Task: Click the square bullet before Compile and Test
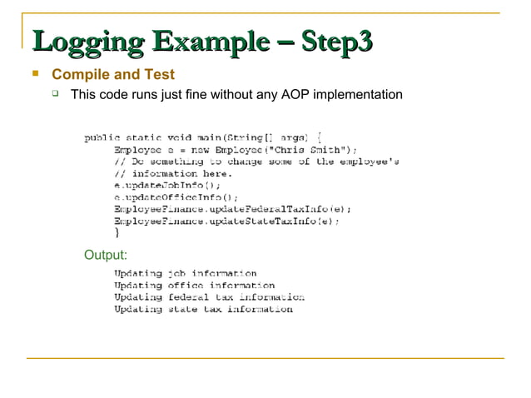(x=35, y=74)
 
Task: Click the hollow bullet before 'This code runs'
(x=57, y=94)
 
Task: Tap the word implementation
(x=359, y=95)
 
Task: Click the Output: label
(x=106, y=254)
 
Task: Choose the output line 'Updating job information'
(x=185, y=273)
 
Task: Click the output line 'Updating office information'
(x=194, y=285)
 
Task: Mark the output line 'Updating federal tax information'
(x=209, y=296)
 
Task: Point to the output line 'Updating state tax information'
(x=203, y=309)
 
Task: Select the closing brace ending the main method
(x=117, y=233)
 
